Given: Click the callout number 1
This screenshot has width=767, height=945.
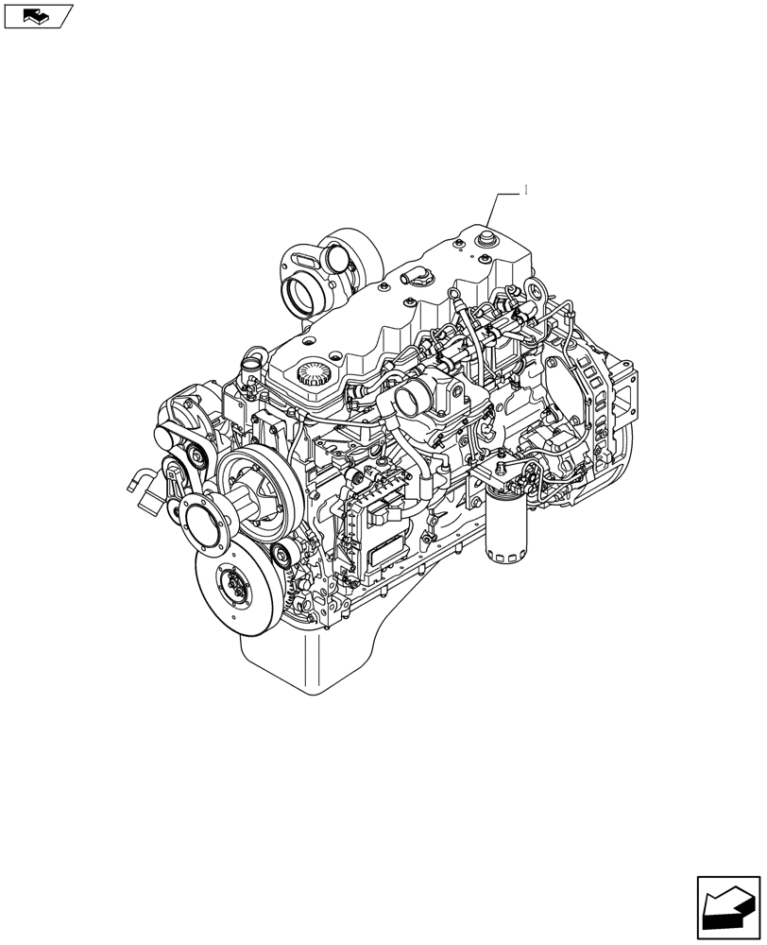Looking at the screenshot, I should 526,190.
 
